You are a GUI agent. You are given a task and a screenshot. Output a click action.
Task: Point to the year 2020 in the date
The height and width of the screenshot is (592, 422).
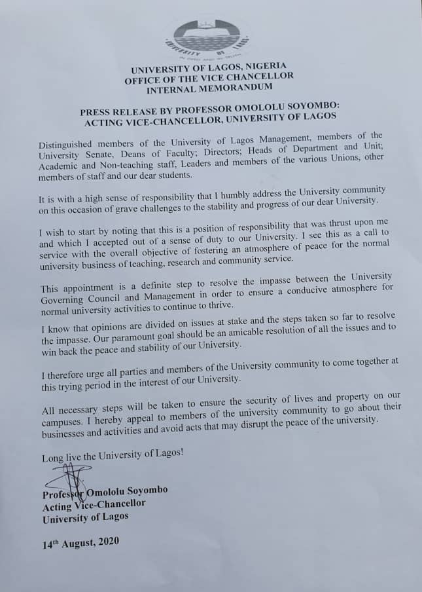[105, 543]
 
